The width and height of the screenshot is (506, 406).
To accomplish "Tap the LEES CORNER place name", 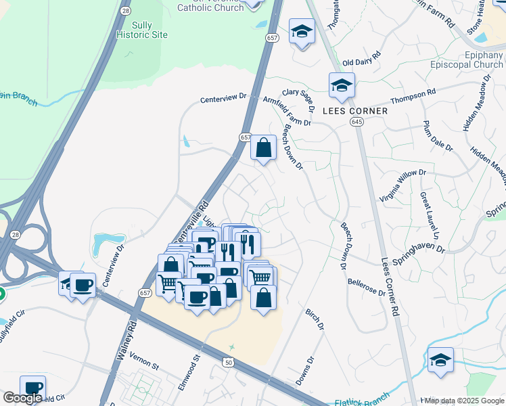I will [355, 111].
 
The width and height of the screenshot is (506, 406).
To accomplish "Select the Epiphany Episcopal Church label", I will [466, 60].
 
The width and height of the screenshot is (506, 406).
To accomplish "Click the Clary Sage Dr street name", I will [299, 99].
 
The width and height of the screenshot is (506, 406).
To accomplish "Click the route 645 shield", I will [357, 121].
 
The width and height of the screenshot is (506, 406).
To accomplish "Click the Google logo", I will [22, 398].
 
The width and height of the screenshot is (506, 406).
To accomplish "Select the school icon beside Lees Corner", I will [342, 87].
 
